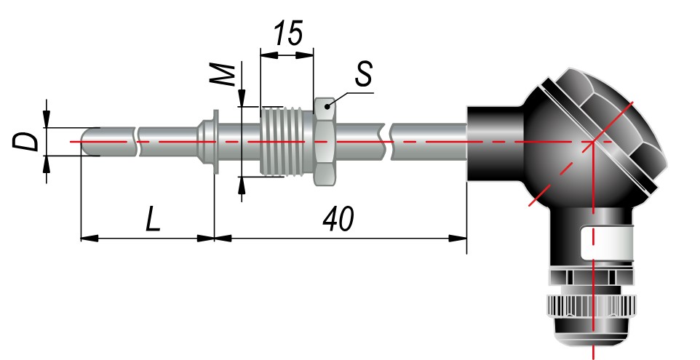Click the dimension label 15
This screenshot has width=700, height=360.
tap(288, 33)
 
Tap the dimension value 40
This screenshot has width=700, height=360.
tap(338, 219)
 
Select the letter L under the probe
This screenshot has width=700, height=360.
tap(153, 219)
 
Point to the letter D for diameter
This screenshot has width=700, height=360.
tap(25, 142)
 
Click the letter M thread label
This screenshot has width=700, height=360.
tap(223, 75)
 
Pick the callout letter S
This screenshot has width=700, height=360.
tap(364, 73)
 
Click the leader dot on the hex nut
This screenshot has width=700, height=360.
tap(327, 107)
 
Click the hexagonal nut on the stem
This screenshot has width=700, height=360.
tap(325, 141)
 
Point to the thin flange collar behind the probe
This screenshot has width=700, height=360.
tap(216, 142)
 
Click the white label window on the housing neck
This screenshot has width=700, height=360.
tap(607, 243)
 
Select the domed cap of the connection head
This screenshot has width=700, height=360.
tap(621, 121)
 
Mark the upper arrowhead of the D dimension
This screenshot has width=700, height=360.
tap(47, 119)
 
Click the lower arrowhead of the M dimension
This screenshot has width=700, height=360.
tap(242, 185)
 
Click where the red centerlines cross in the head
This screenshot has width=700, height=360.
tap(593, 141)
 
